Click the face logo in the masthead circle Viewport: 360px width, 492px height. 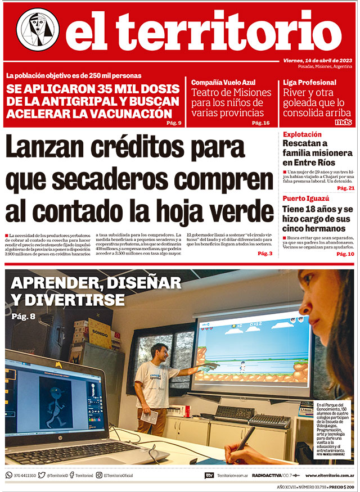[38, 29]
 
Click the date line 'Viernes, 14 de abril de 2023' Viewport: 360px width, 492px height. [317, 61]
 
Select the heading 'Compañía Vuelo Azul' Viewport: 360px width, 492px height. [223, 82]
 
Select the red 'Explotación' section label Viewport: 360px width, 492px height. [302, 134]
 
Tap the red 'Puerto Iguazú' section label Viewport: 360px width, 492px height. [306, 198]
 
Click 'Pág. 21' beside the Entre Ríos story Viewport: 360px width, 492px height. [345, 188]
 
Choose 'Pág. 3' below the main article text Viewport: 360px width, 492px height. [265, 254]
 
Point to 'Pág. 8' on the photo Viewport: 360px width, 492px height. [23, 317]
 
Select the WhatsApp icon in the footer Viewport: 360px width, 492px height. [8, 475]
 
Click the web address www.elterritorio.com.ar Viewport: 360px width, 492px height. [328, 475]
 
